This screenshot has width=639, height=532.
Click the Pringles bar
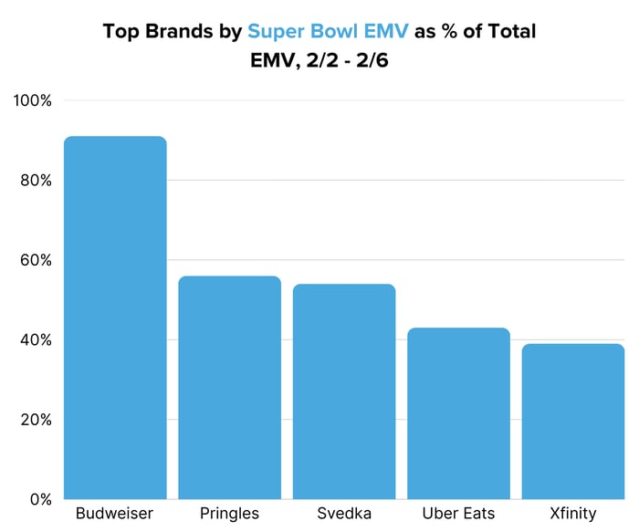[229, 388]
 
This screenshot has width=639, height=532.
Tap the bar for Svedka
[344, 391]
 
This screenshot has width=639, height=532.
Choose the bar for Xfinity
[573, 422]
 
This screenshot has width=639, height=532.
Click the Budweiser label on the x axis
[115, 514]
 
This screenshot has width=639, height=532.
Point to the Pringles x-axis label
[229, 514]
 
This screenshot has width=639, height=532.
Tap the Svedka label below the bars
[344, 514]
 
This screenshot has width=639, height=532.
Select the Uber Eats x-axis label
[458, 514]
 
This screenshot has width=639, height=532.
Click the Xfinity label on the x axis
[573, 514]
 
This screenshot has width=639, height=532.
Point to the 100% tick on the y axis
[33, 100]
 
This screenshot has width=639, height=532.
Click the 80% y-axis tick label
[36, 180]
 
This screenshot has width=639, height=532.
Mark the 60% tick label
[36, 260]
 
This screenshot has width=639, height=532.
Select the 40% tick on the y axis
[36, 339]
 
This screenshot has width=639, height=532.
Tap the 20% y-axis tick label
[36, 420]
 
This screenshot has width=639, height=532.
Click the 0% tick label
[39, 499]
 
